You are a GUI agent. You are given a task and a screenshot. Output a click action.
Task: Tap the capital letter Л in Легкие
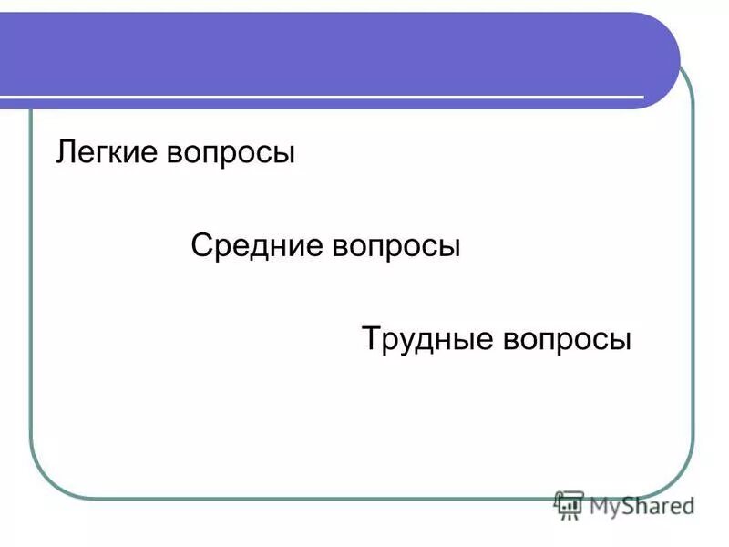[x=65, y=152]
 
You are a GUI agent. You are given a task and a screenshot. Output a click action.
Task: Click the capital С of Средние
[x=201, y=246]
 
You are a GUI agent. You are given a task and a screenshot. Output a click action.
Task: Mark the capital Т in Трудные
[x=371, y=338]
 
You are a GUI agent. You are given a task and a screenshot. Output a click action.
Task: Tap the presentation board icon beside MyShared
[x=569, y=504]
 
